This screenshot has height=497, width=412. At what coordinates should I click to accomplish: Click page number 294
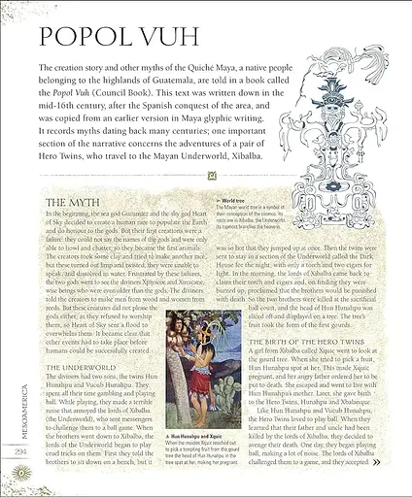[x=19, y=450]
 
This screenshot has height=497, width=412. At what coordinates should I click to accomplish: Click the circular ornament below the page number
[x=19, y=474]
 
